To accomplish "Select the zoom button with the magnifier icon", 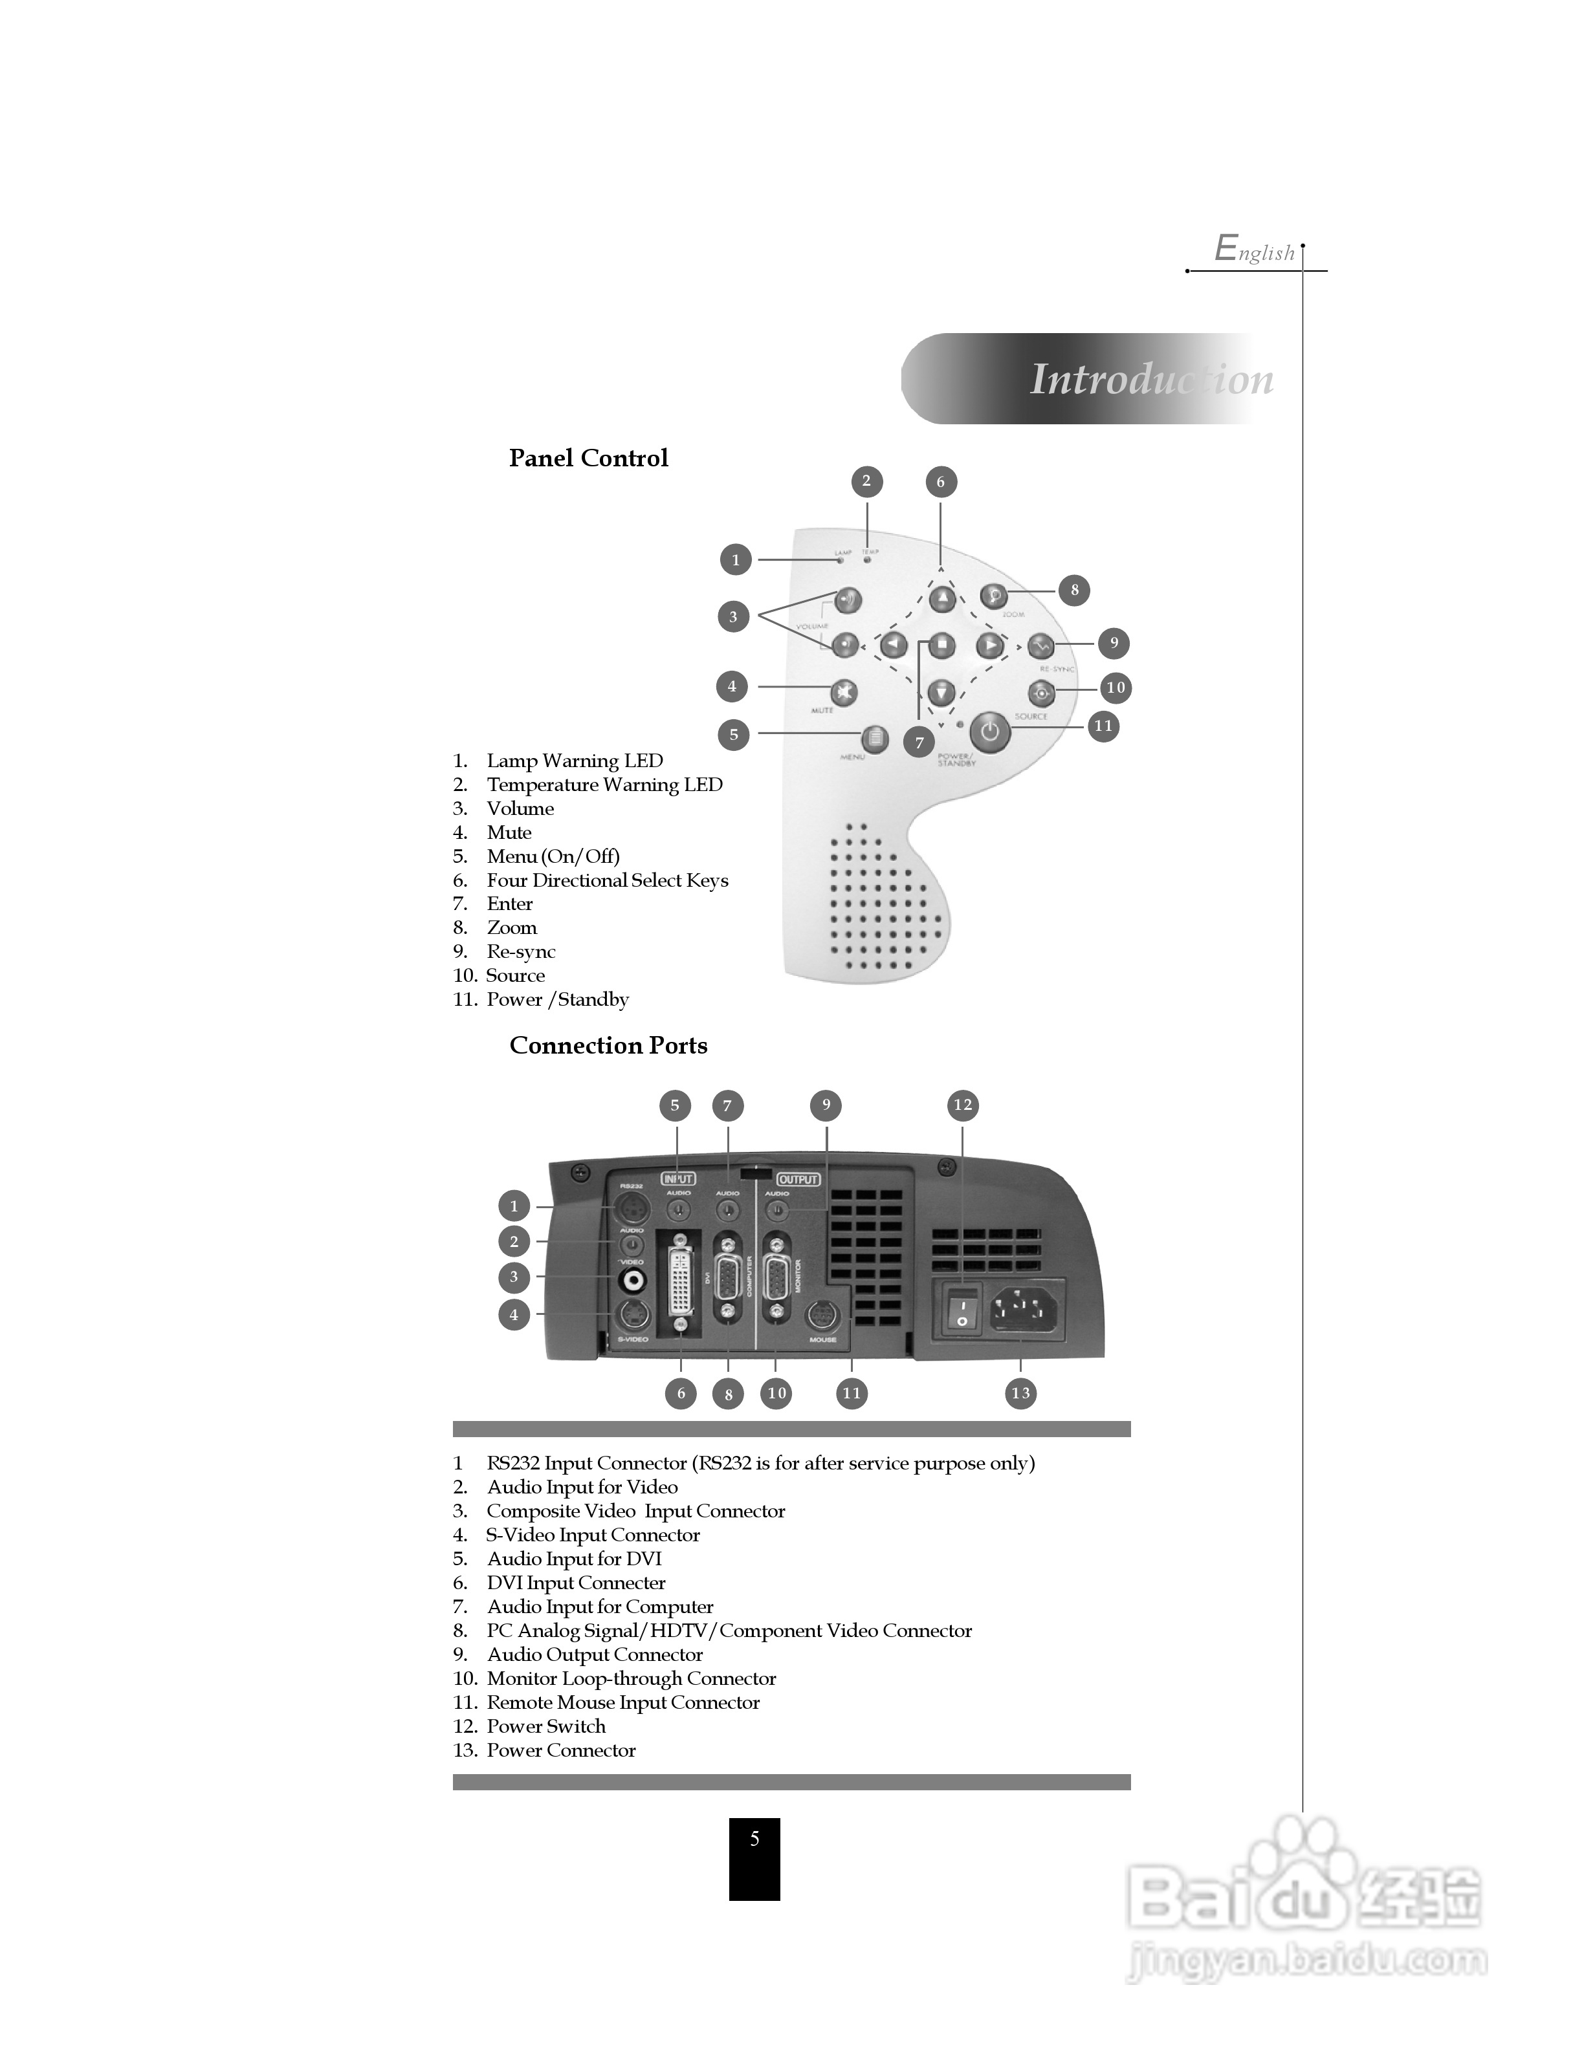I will [x=993, y=596].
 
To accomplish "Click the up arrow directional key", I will [x=941, y=598].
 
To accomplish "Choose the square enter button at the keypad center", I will [x=941, y=645].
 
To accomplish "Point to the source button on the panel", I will [x=1040, y=693].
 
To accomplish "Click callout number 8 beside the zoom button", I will [x=1075, y=590].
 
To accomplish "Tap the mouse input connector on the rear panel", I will [x=822, y=1316].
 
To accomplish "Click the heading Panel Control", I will [x=588, y=458].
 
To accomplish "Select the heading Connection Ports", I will [x=608, y=1045].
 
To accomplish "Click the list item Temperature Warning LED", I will [x=604, y=785].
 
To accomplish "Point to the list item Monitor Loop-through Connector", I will [x=631, y=1678].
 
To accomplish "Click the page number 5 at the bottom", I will [x=754, y=1840].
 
